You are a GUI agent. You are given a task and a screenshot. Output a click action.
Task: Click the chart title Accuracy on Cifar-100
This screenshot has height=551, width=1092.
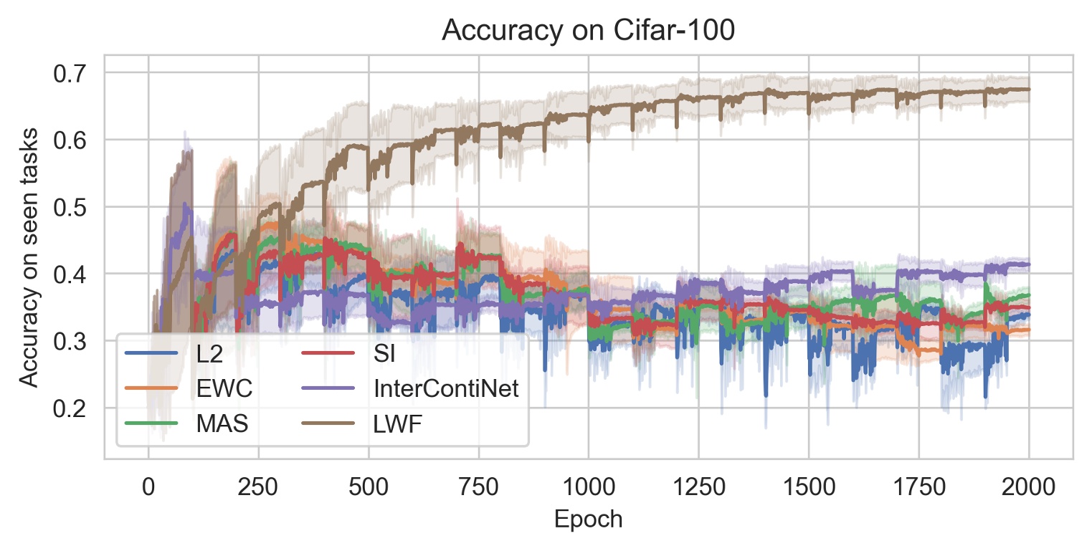[588, 32]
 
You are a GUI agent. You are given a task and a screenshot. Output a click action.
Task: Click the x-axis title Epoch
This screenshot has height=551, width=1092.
[588, 519]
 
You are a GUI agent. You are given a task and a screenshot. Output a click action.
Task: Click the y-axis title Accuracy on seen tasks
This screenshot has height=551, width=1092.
[28, 256]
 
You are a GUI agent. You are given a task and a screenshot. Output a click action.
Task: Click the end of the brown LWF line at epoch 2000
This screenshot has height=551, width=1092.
[1029, 90]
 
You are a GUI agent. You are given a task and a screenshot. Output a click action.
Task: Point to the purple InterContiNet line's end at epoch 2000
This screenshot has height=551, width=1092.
[1029, 264]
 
